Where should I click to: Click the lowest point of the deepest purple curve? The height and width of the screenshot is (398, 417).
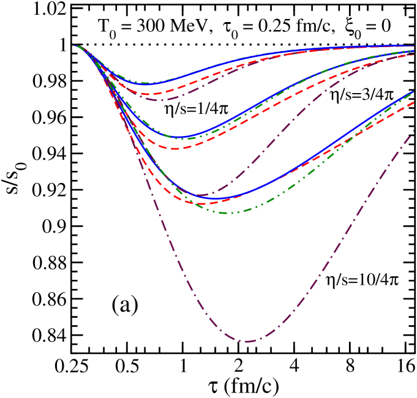[x=247, y=341]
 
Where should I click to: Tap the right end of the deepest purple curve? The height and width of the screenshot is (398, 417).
[x=414, y=130]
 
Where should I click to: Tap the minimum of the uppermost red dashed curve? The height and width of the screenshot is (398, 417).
[x=147, y=94]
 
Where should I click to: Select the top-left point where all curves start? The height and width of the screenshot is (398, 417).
[x=74, y=46]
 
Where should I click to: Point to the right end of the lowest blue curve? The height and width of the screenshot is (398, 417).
[x=414, y=91]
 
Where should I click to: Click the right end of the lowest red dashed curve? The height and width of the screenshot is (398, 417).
[x=414, y=103]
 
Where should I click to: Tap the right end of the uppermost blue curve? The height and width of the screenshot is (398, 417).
[x=414, y=45]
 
